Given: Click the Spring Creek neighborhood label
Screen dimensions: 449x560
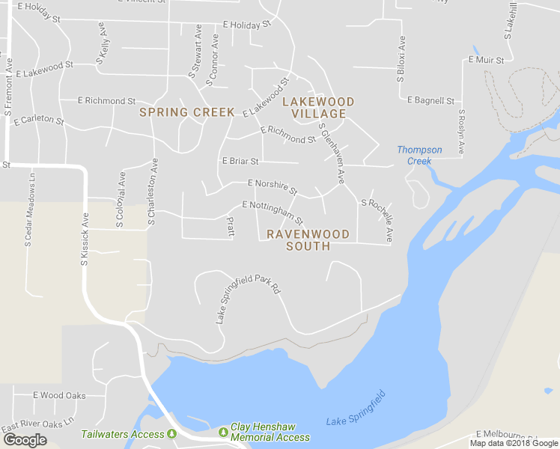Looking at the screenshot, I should [187, 112].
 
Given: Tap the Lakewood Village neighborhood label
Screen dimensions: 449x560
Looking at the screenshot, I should [318, 107].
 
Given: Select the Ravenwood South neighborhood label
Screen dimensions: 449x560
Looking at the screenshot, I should [318, 239].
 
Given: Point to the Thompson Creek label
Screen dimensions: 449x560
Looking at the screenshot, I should [419, 155].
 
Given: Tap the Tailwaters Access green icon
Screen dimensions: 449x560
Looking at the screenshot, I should [172, 434].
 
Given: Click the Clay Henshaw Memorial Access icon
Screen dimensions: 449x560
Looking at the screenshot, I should [222, 432].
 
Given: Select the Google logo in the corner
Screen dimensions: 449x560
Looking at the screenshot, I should [25, 440].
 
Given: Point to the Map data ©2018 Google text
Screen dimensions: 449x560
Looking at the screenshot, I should [514, 443].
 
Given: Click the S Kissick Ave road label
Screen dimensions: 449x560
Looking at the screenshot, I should [85, 240].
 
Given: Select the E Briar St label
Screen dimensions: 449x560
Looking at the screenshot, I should [240, 161].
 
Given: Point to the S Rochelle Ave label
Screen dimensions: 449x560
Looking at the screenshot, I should [377, 219].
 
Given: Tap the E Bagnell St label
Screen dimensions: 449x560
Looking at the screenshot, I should [431, 100].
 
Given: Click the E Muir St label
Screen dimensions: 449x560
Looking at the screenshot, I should [487, 58].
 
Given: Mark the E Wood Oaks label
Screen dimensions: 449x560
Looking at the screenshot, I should [59, 395].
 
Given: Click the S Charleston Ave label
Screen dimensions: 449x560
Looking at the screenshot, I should [152, 191].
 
